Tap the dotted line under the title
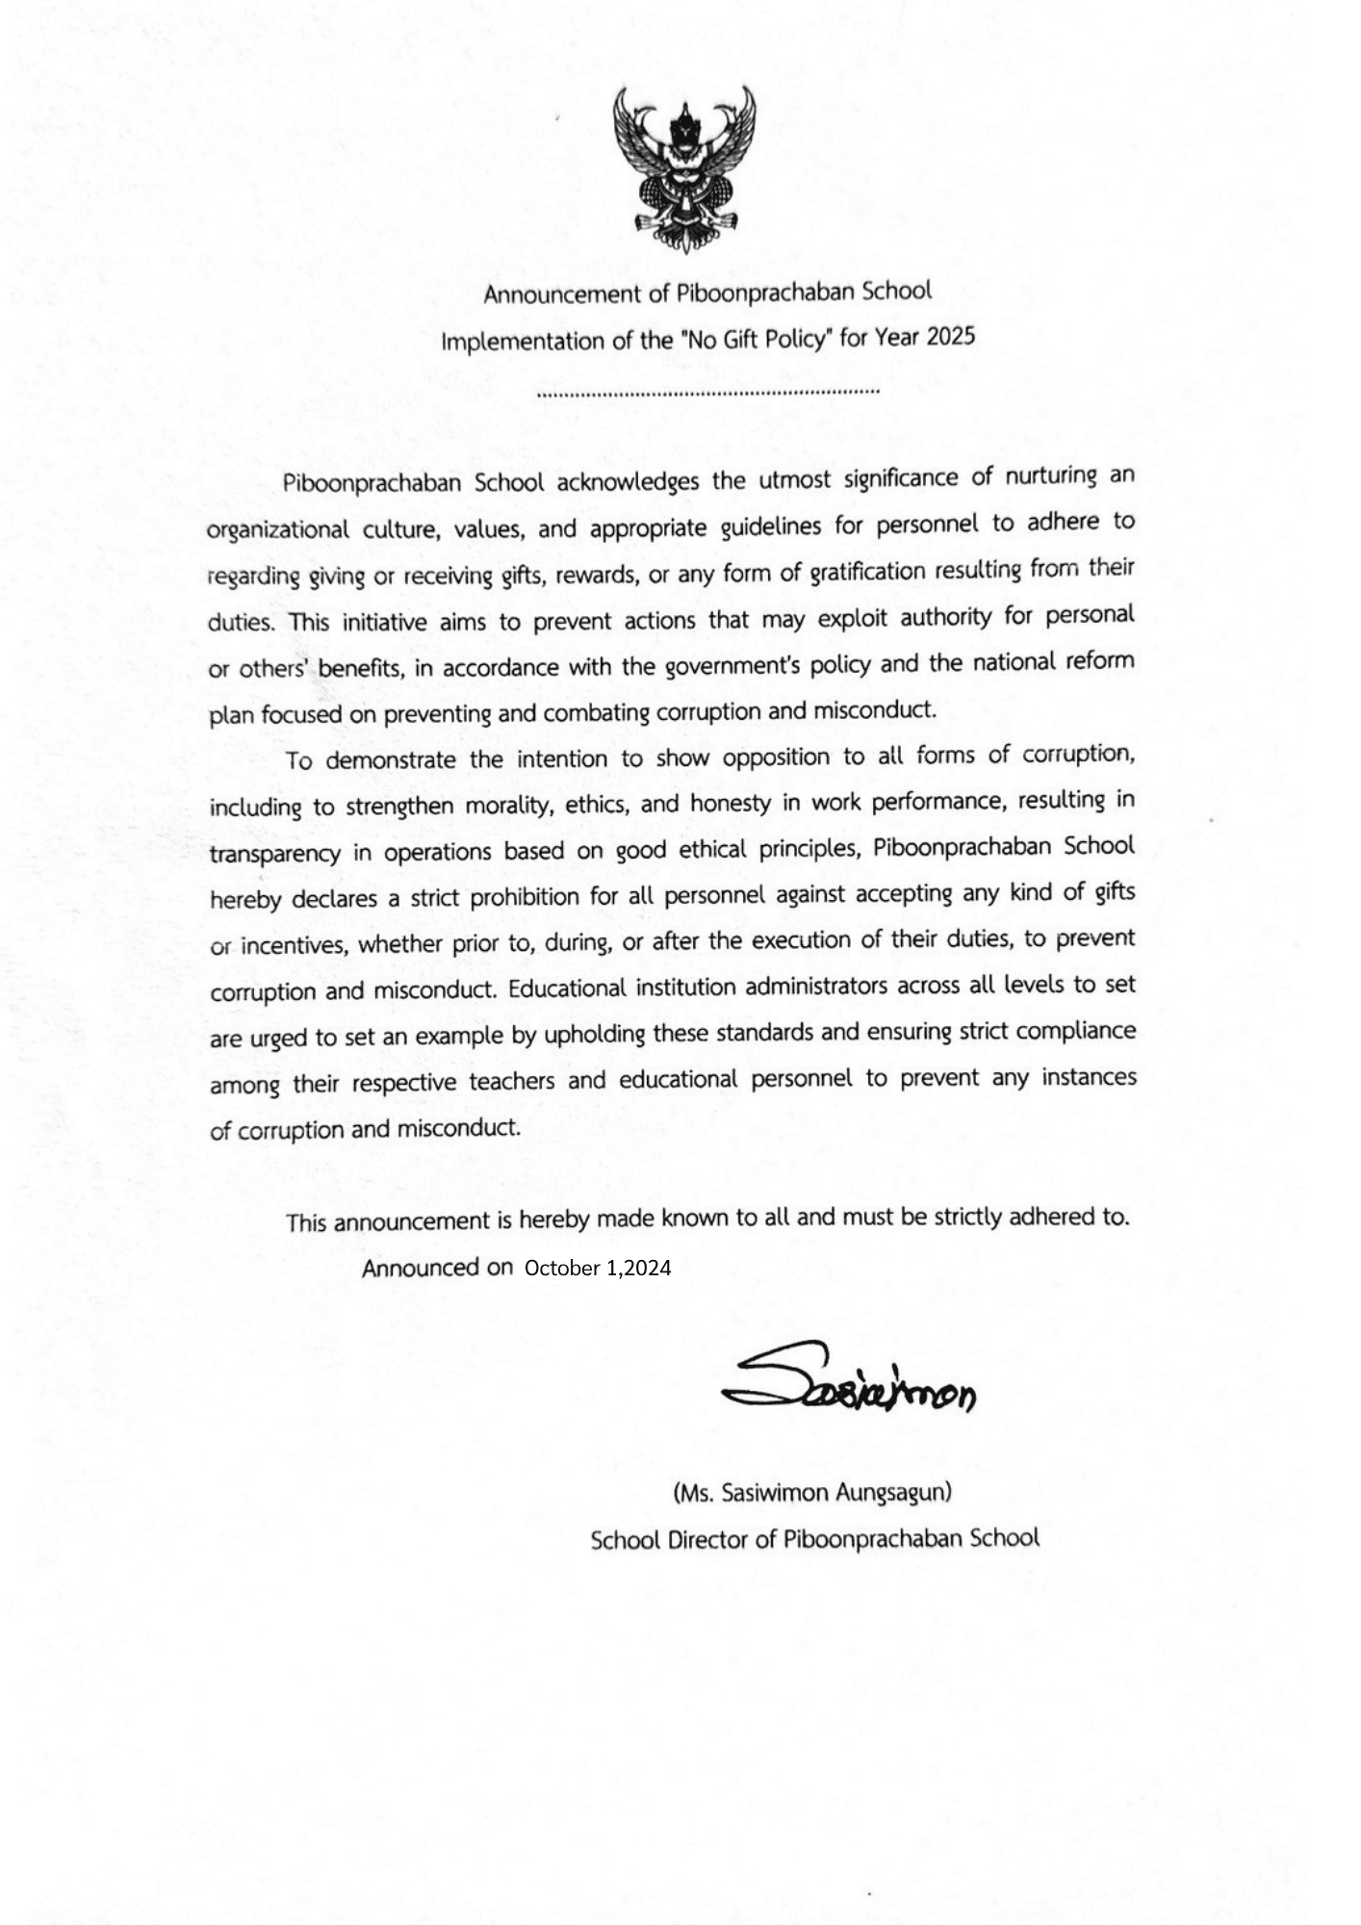[x=708, y=393]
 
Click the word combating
[x=596, y=713]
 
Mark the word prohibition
[x=510, y=897]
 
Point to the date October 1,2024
[x=598, y=1269]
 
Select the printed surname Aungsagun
[x=894, y=1493]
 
